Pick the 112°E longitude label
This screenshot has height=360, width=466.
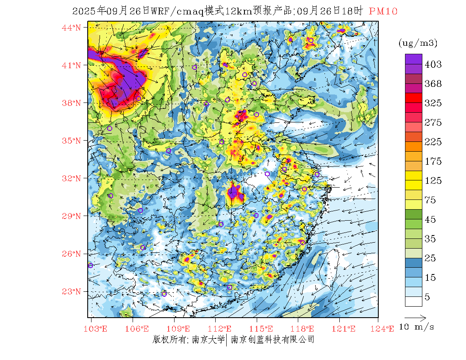pos(222,329)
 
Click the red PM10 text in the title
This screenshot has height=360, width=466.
pos(383,11)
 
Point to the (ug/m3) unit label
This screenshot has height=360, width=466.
pos(418,43)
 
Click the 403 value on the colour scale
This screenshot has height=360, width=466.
pos(433,64)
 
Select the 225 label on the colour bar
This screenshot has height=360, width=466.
pos(433,142)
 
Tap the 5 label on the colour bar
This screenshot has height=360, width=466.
pos(427,297)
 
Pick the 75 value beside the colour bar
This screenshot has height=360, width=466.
pos(430,200)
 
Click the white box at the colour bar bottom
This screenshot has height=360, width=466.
pos(413,301)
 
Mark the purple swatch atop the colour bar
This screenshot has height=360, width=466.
pos(413,59)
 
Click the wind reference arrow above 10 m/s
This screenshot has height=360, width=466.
pos(415,317)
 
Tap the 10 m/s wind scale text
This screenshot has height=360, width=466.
pos(417,327)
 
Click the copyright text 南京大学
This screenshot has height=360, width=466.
pos(208,340)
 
